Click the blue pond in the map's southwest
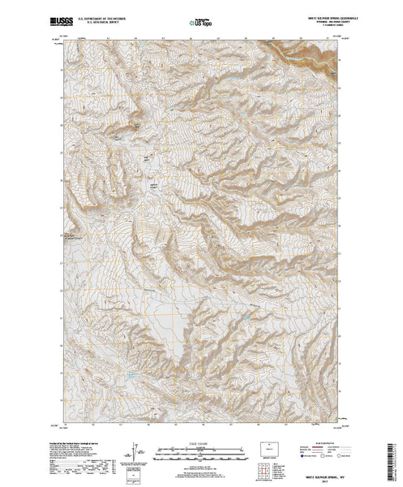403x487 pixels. (127, 375)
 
